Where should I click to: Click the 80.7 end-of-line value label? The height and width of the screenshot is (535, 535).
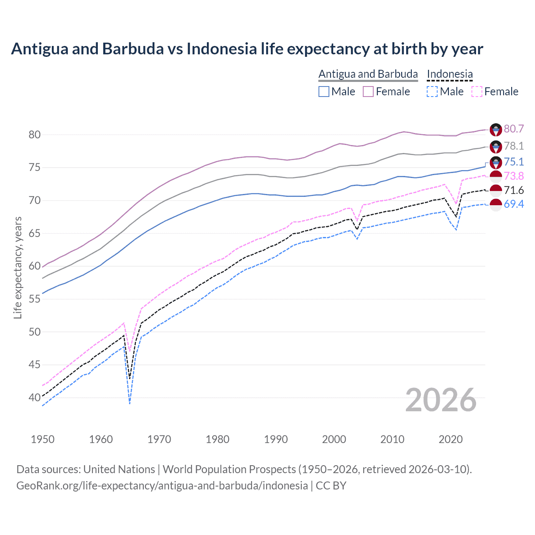click(514, 129)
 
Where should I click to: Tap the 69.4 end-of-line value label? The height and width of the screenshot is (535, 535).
click(514, 204)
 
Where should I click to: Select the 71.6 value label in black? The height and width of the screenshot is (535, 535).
click(514, 191)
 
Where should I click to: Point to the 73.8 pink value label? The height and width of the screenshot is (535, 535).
click(514, 176)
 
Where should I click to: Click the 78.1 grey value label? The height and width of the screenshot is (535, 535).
click(514, 146)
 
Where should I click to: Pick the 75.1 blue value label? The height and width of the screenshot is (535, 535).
click(514, 162)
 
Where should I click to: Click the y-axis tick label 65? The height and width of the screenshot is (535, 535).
click(34, 233)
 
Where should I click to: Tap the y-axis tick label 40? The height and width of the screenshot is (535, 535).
click(34, 397)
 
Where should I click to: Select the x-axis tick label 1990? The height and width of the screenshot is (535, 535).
click(275, 439)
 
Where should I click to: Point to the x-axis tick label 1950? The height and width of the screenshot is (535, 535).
click(43, 439)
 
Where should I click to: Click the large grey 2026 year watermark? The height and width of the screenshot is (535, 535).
click(441, 400)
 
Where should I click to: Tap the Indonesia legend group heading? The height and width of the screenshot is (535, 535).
click(450, 74)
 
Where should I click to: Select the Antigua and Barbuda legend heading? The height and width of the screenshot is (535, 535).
click(368, 74)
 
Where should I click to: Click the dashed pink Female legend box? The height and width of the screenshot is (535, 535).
click(476, 92)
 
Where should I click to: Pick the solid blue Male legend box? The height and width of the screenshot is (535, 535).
click(324, 92)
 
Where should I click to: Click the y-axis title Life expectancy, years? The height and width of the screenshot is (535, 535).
click(18, 267)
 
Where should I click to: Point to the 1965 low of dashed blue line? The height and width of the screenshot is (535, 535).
click(130, 403)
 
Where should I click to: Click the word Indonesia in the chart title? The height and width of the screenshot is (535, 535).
click(222, 49)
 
